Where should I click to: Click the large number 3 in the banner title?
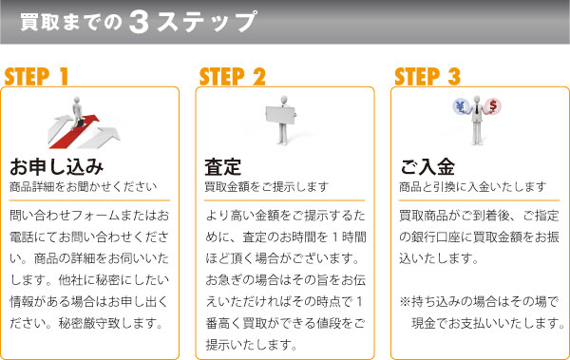tap(139, 22)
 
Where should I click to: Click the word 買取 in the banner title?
tap(39, 22)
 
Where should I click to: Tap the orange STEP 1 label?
tap(36, 76)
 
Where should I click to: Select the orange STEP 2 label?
tap(233, 76)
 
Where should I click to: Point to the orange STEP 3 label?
tap(427, 76)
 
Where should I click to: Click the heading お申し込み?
tap(57, 167)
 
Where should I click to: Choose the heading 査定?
tap(223, 167)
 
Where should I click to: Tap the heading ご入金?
tap(427, 167)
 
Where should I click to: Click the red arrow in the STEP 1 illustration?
tap(74, 133)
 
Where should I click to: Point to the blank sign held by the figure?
tap(280, 115)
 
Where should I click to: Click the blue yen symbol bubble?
tap(461, 107)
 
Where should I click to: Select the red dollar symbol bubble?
tap(493, 106)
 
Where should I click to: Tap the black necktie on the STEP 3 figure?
tap(477, 108)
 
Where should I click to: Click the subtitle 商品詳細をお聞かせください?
tap(84, 187)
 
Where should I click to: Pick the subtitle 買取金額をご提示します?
tap(266, 187)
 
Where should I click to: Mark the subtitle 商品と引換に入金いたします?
tap(472, 187)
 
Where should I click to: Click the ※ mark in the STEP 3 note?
tap(405, 301)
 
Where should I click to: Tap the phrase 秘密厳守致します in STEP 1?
tap(107, 323)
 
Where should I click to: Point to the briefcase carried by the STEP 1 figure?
tap(82, 123)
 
